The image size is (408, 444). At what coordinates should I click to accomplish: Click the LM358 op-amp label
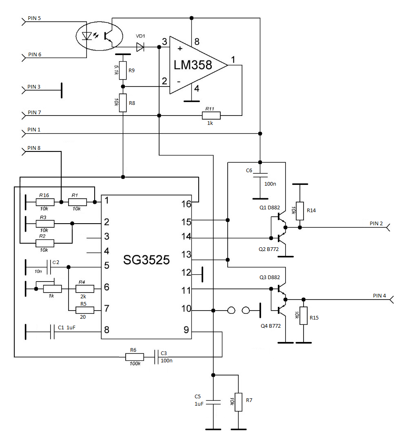coord(193,65)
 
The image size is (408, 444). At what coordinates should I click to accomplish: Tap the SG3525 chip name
coord(146,260)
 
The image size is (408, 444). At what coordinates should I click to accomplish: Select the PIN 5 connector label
coord(34,18)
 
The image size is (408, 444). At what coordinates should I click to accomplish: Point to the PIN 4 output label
coord(379,295)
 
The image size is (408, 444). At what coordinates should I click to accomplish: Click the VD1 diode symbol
coord(140,47)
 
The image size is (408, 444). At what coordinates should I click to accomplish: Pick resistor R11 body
coord(211,115)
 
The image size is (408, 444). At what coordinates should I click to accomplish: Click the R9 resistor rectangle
coord(122,71)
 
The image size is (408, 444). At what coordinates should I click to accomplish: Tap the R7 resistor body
coord(238,402)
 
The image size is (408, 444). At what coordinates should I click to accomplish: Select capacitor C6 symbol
coord(260,175)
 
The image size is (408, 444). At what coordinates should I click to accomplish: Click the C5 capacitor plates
coord(213,402)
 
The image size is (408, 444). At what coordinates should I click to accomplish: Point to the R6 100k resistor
coord(135,357)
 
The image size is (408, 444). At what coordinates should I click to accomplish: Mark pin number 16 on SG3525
coord(186,204)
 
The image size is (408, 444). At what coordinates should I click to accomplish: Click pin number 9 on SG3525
coord(186,330)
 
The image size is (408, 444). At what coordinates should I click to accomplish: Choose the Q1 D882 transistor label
coord(270,208)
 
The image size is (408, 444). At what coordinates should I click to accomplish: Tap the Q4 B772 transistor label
coord(271,326)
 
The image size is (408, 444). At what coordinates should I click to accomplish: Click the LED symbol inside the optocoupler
coord(86,36)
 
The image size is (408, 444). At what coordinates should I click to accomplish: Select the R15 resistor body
coord(304,316)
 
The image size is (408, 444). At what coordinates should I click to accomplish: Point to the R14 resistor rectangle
coord(300,211)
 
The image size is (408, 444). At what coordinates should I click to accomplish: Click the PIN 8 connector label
coord(34,148)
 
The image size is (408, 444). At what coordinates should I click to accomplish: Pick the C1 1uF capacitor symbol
coord(52,332)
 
